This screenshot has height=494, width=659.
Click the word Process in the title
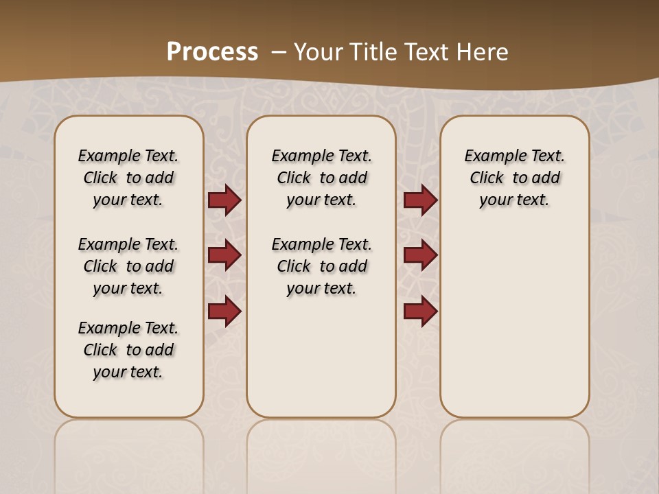pyautogui.click(x=212, y=51)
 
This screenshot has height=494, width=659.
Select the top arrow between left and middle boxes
pyautogui.click(x=224, y=200)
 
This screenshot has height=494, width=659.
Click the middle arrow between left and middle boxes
pyautogui.click(x=224, y=255)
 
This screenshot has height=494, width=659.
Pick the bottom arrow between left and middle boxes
pyautogui.click(x=224, y=311)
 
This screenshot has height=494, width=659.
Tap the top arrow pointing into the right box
pyautogui.click(x=420, y=200)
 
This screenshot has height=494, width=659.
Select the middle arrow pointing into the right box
pyautogui.click(x=420, y=255)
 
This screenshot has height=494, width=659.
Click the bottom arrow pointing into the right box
pyautogui.click(x=420, y=311)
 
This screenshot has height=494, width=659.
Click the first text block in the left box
pyautogui.click(x=128, y=178)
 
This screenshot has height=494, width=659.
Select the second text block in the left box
pyautogui.click(x=128, y=266)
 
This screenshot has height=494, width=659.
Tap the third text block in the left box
pyautogui.click(x=128, y=350)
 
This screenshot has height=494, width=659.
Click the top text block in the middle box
pyautogui.click(x=321, y=178)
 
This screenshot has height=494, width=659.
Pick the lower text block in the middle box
pyautogui.click(x=321, y=266)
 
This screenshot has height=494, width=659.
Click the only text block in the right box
pyautogui.click(x=514, y=178)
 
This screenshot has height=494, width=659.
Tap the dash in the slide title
pyautogui.click(x=279, y=51)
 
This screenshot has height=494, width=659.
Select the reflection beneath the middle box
pyautogui.click(x=321, y=446)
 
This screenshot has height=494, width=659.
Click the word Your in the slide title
pyautogui.click(x=318, y=51)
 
